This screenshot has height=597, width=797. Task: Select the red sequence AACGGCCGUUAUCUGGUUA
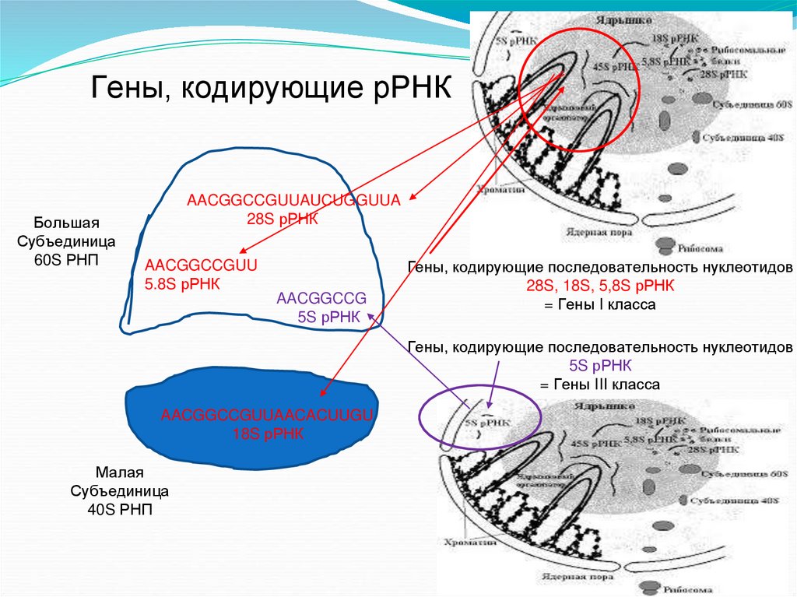pos(293,201)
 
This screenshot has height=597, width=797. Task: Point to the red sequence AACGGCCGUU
pos(201,265)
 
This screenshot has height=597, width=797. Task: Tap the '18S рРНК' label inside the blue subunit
pos(268,434)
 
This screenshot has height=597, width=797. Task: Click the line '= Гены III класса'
pos(600,385)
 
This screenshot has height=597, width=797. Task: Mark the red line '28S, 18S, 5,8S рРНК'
pos(600,286)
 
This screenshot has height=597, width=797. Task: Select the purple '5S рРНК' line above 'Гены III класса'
pos(600,366)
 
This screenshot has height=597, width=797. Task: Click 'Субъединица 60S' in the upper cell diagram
pos(747,104)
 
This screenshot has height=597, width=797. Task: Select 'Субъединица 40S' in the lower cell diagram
pos(747,499)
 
